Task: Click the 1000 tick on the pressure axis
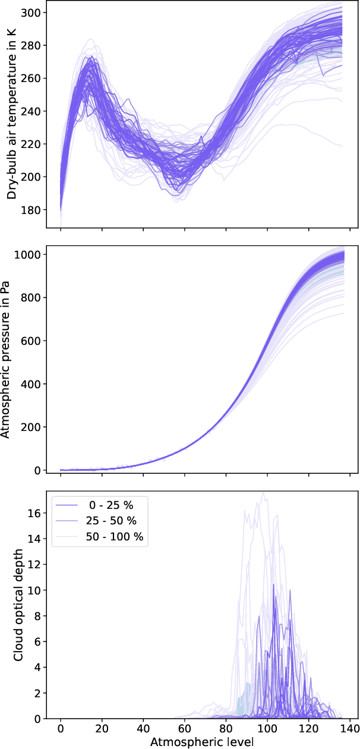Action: tap(29, 254)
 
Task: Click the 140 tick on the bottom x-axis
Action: tap(349, 729)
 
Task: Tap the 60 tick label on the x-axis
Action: tap(184, 729)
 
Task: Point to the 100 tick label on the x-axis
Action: tap(267, 729)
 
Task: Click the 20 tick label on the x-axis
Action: tap(102, 729)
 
